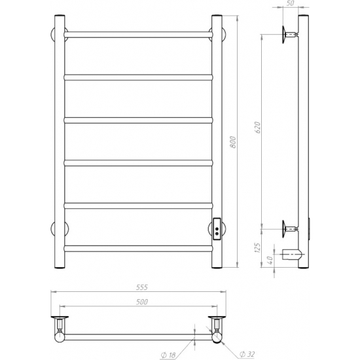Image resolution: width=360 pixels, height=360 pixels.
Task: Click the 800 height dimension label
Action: tap(233, 142)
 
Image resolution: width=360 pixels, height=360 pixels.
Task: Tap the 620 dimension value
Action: tap(258, 128)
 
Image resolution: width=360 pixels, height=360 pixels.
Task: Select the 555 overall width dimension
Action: tap(142, 287)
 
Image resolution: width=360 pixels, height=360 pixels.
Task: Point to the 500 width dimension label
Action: tap(142, 302)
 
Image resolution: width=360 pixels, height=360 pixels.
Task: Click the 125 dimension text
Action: tap(258, 248)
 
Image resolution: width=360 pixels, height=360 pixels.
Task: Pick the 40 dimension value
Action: tap(270, 260)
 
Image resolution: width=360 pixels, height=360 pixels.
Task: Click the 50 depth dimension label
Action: tap(290, 3)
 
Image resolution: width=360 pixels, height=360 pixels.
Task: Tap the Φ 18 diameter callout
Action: tap(168, 355)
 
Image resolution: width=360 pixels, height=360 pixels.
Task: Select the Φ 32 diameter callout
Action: tap(247, 354)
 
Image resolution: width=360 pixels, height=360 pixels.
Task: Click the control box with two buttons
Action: tap(217, 229)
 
